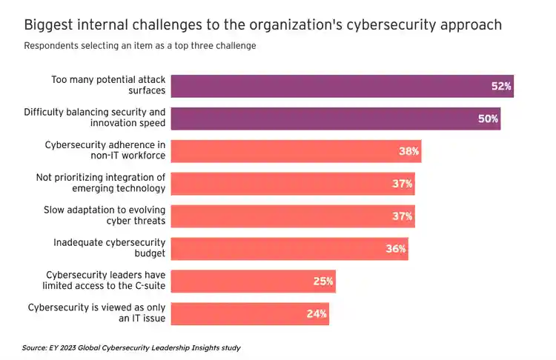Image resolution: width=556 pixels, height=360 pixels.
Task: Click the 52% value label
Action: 501,86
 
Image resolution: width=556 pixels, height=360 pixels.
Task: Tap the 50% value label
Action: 488,119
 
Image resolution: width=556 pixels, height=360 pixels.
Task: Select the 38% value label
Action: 409,151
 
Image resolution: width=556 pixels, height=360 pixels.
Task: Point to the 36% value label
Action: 396,249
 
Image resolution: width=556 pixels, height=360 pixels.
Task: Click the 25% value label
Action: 323,281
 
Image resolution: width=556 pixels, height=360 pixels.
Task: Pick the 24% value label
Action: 317,314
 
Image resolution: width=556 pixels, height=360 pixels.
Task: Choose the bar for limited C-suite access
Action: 245,281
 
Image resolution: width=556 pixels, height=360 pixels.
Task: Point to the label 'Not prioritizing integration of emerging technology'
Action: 101,184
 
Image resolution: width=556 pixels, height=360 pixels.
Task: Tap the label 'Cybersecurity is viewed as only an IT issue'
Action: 96,314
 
